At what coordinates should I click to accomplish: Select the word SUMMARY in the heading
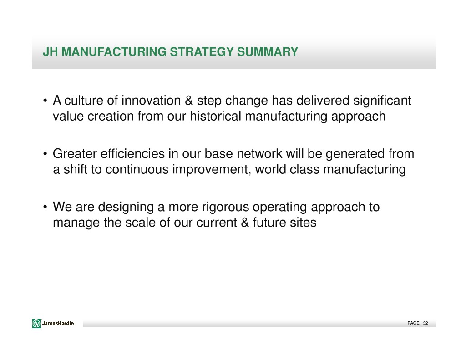click(x=267, y=52)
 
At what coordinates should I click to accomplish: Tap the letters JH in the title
click(x=51, y=52)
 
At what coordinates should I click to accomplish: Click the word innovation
click(x=151, y=101)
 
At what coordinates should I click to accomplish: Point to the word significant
click(x=382, y=101)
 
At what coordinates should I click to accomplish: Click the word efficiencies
click(x=132, y=154)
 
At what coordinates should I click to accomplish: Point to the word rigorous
click(x=225, y=208)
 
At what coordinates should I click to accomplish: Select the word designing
click(x=126, y=208)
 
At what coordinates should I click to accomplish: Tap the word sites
click(x=300, y=223)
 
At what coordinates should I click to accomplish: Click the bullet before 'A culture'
click(x=45, y=101)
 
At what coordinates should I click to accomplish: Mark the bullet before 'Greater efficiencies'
click(x=45, y=154)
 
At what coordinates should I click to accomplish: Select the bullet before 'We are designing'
click(x=45, y=207)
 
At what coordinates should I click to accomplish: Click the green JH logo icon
click(x=36, y=324)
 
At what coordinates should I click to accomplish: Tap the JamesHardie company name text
click(x=58, y=324)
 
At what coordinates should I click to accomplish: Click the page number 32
click(x=425, y=323)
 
